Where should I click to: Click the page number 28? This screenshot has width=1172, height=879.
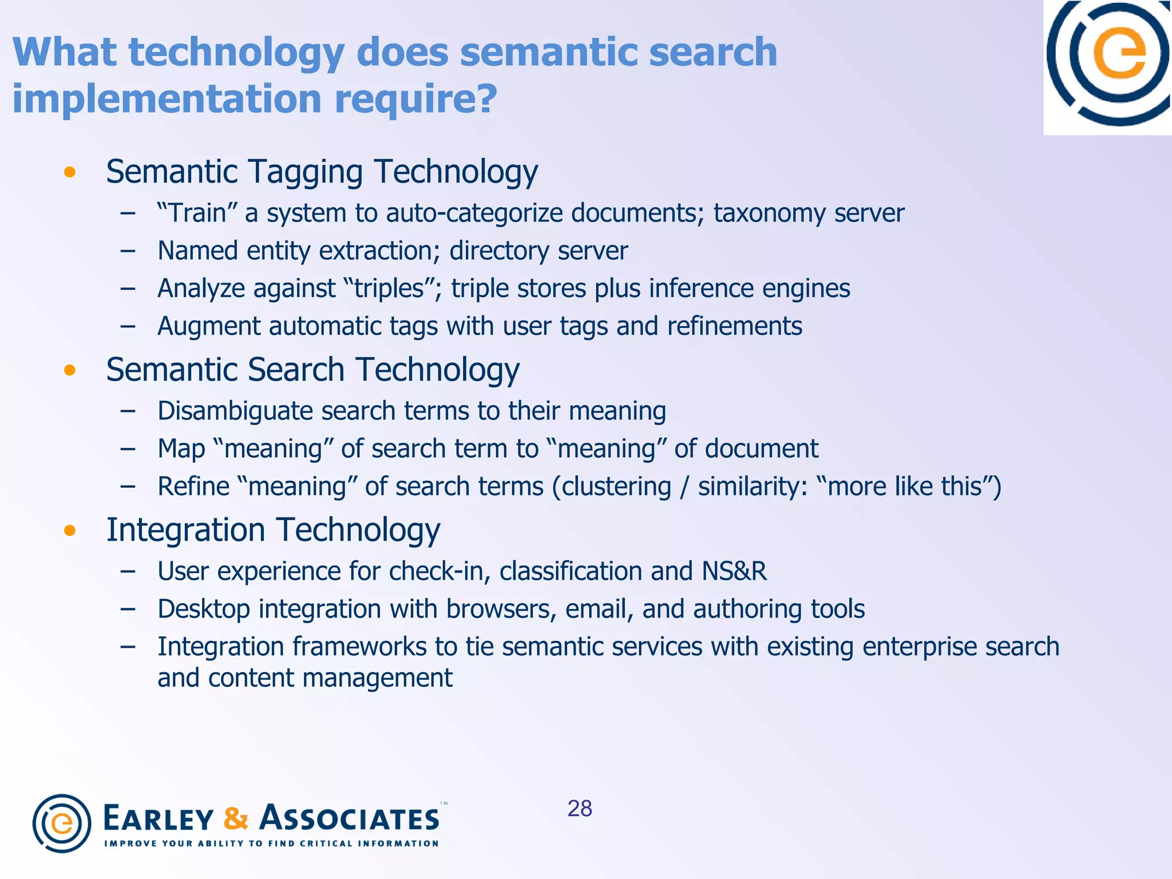coord(580,809)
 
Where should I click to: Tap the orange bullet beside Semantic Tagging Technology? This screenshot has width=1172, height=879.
coord(70,172)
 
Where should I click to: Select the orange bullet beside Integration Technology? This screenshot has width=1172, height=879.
coord(70,530)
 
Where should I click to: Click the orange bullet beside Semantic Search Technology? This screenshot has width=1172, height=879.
coord(70,370)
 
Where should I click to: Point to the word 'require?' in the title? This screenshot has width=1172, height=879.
coord(415,99)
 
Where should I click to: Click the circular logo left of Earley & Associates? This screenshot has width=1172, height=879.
coord(62,823)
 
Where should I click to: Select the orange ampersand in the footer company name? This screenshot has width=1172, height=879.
coord(236,818)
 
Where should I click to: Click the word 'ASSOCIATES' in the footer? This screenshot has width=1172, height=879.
coord(350,818)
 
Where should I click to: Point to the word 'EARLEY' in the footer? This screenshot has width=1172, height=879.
coord(159,818)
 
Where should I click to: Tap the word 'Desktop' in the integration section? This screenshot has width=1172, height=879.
coord(204,609)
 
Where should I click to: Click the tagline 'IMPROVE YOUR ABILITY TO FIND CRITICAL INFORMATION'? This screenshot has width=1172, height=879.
coord(271,844)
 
